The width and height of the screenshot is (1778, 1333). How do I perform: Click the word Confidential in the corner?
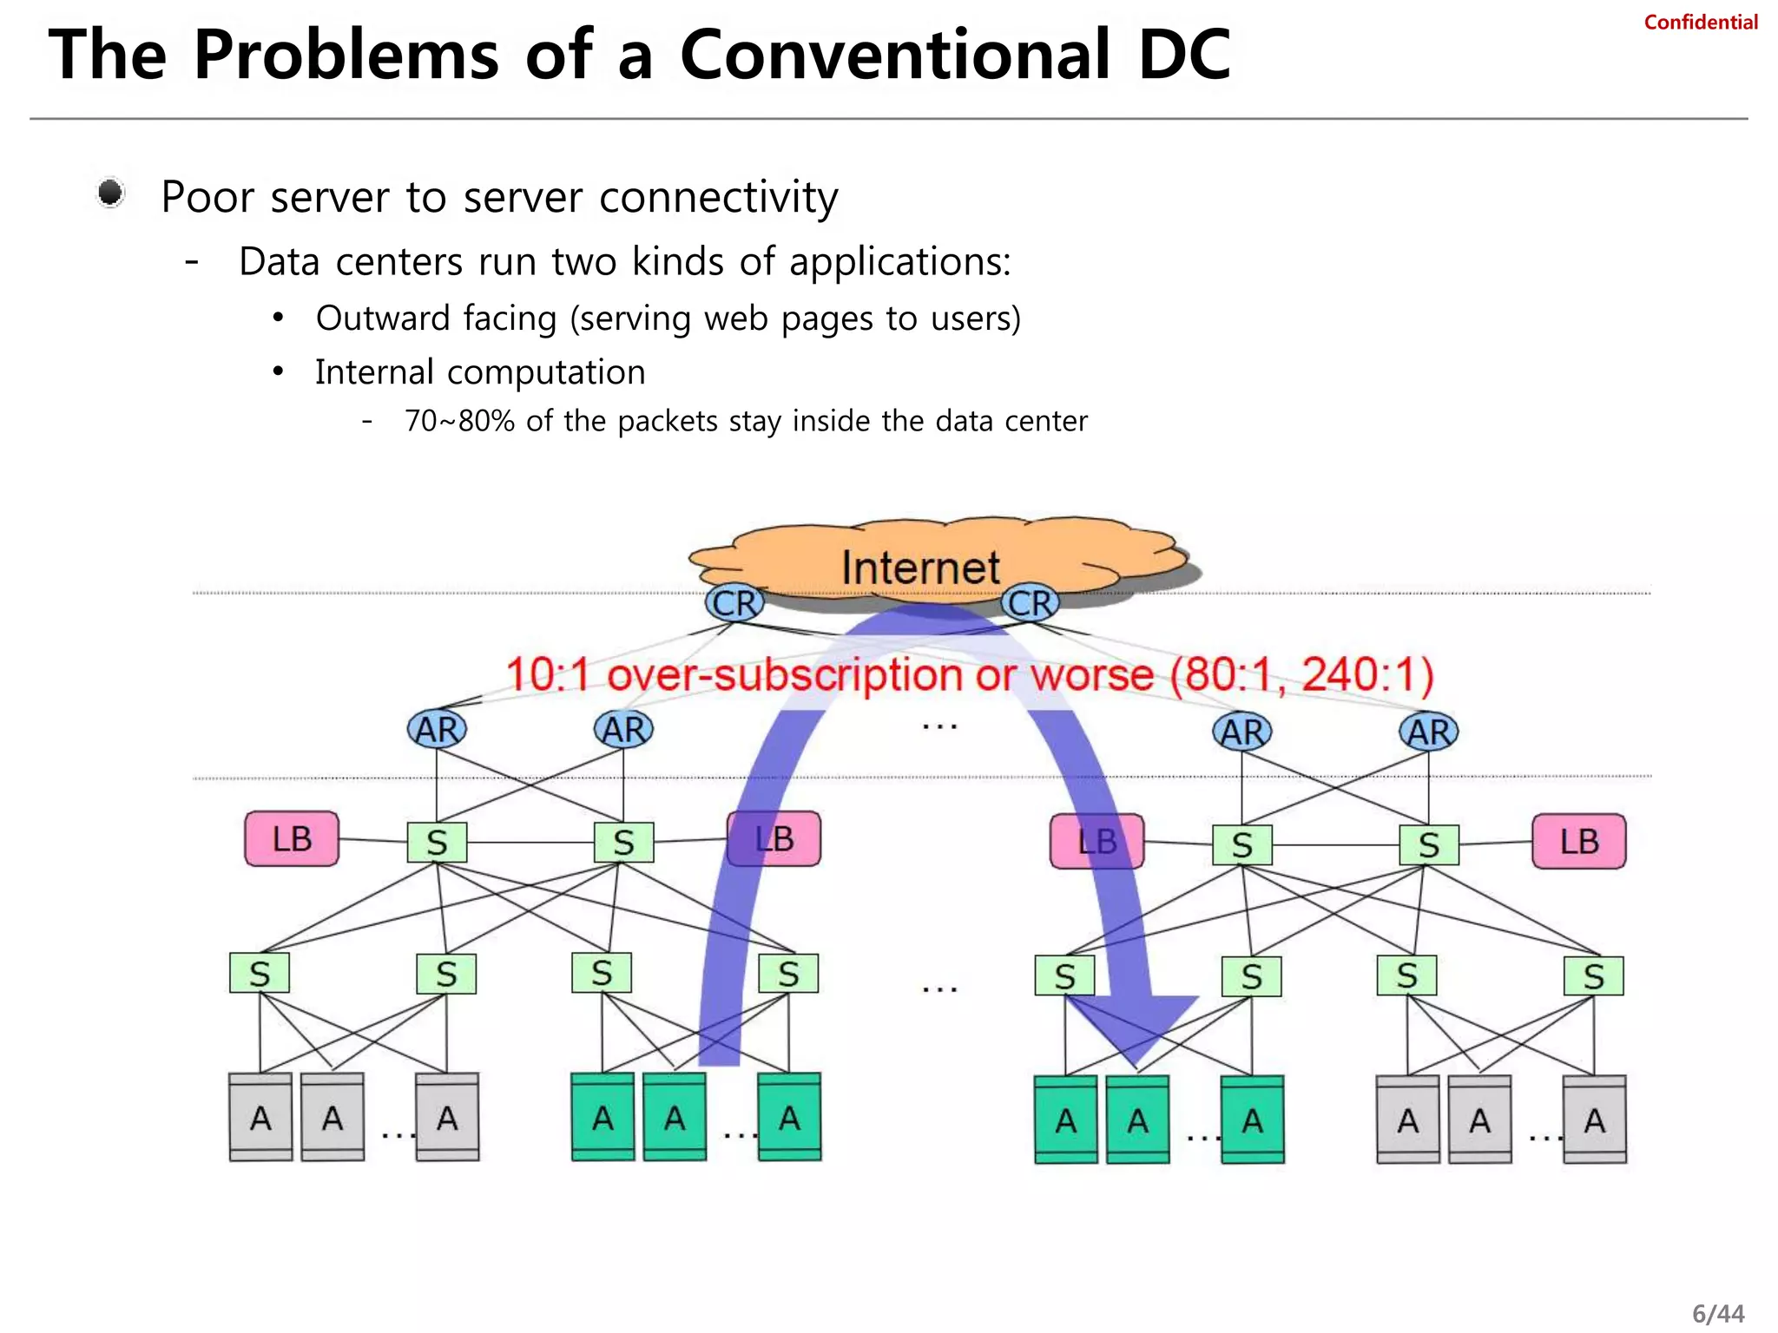(x=1700, y=23)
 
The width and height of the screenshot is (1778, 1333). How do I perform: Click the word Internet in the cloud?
(x=920, y=568)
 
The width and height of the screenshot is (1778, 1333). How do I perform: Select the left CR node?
(x=734, y=603)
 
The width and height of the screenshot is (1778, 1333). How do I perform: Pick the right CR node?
(x=1031, y=603)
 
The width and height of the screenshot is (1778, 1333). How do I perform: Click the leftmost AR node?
(x=437, y=730)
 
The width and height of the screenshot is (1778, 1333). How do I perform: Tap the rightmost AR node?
(x=1429, y=732)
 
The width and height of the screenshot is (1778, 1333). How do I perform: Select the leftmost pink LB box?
(x=292, y=839)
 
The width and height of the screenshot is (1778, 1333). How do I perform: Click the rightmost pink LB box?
(x=1578, y=841)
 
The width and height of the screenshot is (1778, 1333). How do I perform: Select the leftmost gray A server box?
(x=260, y=1118)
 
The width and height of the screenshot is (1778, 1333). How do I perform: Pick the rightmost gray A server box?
(x=1594, y=1120)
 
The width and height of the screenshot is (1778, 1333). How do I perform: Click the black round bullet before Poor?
(x=110, y=193)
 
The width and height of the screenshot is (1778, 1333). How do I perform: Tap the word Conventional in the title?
(x=895, y=55)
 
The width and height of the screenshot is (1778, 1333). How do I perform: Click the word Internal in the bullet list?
(x=374, y=372)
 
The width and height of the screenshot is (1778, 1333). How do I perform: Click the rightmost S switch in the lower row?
(x=1593, y=976)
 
